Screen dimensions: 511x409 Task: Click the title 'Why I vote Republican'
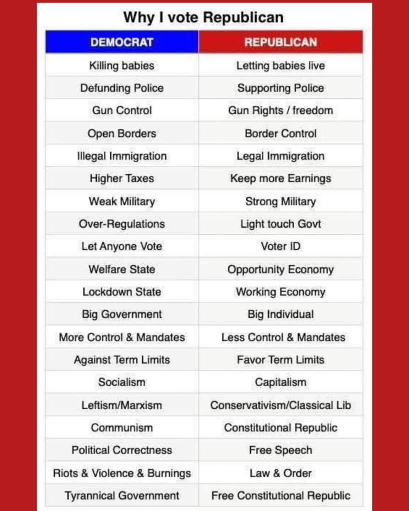203,17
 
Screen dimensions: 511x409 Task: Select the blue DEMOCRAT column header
122,42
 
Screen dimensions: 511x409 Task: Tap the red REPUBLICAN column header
280,42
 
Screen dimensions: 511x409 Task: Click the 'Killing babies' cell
122,65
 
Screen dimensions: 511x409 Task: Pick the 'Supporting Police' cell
280,88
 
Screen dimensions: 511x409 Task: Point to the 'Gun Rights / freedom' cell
280,110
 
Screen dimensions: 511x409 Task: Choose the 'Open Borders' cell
122,133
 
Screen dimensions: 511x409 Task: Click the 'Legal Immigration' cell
280,156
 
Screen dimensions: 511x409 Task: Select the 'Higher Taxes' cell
122,178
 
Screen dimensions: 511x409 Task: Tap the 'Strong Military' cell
280,201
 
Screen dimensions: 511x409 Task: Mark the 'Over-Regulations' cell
122,224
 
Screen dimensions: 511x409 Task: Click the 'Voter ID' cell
280,246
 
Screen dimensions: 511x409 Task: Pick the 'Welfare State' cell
122,269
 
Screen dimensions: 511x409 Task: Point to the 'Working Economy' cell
280,292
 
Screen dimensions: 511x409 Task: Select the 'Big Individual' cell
280,314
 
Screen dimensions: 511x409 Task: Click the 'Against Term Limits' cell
122,360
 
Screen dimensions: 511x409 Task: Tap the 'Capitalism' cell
280,382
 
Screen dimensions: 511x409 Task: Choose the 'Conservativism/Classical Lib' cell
280,405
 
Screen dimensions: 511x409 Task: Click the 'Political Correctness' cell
122,450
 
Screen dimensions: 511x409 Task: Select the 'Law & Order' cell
280,473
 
